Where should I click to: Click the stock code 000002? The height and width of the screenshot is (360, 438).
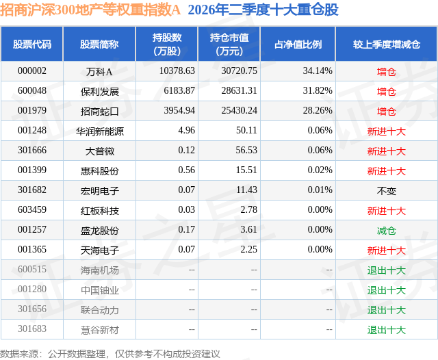pyautogui.click(x=32, y=71)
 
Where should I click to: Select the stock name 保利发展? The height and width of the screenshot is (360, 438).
pyautogui.click(x=100, y=91)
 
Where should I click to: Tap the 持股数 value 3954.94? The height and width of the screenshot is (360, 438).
pyautogui.click(x=179, y=111)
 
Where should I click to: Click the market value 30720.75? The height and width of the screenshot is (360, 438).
pyautogui.click(x=239, y=71)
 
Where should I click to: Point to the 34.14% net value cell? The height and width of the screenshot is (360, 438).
pyautogui.click(x=318, y=71)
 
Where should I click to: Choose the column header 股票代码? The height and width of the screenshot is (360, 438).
pyautogui.click(x=32, y=44)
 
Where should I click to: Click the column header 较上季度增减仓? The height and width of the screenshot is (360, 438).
pyautogui.click(x=387, y=44)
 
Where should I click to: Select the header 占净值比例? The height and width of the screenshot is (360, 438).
pyautogui.click(x=298, y=44)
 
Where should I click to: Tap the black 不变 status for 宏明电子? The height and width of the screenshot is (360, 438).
pyautogui.click(x=387, y=191)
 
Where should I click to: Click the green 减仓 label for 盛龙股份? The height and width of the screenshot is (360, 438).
pyautogui.click(x=387, y=231)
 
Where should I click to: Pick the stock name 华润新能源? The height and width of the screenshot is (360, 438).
pyautogui.click(x=100, y=131)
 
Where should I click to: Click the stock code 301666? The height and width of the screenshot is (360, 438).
pyautogui.click(x=32, y=151)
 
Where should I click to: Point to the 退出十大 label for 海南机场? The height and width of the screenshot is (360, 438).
pyautogui.click(x=387, y=270)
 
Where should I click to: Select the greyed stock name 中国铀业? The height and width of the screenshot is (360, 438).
pyautogui.click(x=100, y=290)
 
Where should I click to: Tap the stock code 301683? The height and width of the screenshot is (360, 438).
pyautogui.click(x=32, y=329)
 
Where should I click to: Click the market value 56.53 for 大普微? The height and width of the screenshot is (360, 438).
pyautogui.click(x=246, y=151)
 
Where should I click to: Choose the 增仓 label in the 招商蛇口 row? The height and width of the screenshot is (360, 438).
pyautogui.click(x=387, y=112)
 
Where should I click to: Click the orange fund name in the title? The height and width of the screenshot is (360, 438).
pyautogui.click(x=90, y=10)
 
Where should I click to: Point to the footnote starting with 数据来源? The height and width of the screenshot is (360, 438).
pyautogui.click(x=109, y=354)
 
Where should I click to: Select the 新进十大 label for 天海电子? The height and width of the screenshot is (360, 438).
pyautogui.click(x=387, y=250)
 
